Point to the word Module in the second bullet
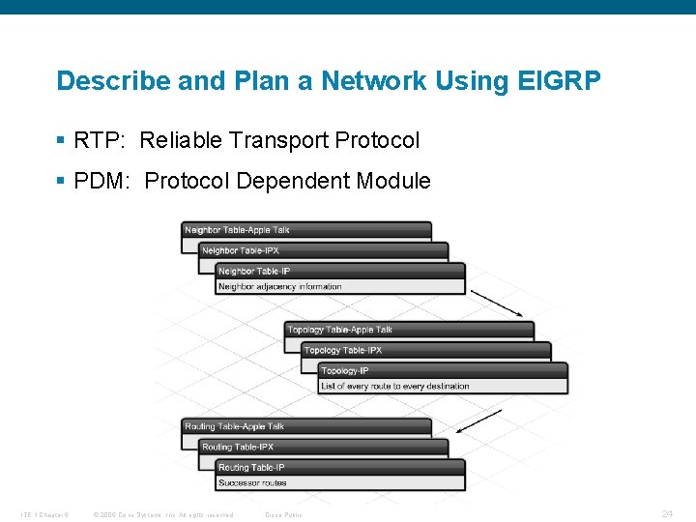393,181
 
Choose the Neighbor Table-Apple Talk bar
306,230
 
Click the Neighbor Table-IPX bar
324,250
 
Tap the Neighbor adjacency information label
280,286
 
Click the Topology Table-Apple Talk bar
410,330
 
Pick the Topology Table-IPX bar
426,350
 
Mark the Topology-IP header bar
443,370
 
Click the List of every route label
395,386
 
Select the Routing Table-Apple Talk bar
306,426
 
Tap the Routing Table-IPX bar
324,447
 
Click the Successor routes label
253,482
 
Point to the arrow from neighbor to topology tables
497,303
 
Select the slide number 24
667,513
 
